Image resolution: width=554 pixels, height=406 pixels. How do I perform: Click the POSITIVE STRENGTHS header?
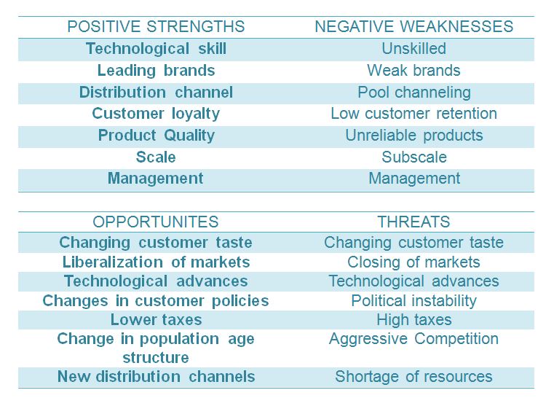click(x=156, y=26)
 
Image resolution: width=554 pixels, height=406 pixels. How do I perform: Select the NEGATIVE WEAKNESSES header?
click(x=413, y=26)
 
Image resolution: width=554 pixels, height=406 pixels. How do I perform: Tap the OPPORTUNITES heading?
click(x=156, y=222)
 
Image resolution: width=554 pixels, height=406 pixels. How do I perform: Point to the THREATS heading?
click(x=413, y=222)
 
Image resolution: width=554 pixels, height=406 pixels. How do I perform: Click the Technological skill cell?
click(x=156, y=49)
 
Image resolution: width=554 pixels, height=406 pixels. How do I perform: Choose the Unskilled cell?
click(x=413, y=48)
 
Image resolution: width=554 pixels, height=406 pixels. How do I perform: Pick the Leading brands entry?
click(x=156, y=71)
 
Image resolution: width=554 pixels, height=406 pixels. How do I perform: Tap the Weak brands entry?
click(x=413, y=71)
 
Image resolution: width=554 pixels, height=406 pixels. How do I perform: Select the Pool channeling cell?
click(x=414, y=93)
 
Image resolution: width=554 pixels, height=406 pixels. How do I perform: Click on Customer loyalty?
click(x=156, y=114)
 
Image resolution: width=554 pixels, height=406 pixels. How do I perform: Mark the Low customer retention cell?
click(x=413, y=114)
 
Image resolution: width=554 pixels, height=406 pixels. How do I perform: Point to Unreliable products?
click(x=414, y=136)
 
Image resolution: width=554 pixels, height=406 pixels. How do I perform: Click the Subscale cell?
click(x=414, y=157)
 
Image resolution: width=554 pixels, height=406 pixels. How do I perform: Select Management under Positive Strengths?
click(x=156, y=179)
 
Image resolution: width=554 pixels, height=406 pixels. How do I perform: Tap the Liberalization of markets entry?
click(x=156, y=262)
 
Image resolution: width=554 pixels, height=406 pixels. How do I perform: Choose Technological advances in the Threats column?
click(x=413, y=281)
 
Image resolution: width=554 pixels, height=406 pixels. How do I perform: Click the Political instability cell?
click(x=413, y=301)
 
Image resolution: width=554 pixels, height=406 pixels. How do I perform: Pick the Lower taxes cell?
click(x=156, y=320)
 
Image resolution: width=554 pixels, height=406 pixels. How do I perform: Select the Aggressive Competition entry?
click(x=413, y=339)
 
